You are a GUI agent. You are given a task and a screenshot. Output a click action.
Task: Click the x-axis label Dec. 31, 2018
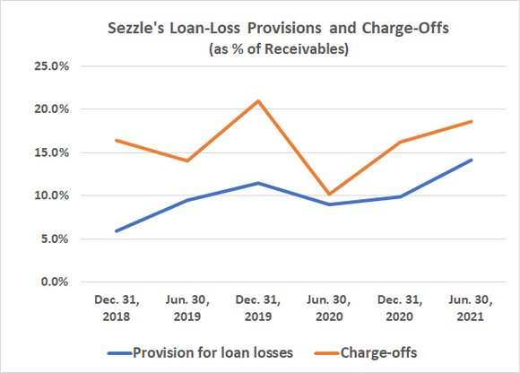tap(115, 308)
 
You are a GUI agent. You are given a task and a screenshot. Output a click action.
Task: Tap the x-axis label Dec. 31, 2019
tap(259, 308)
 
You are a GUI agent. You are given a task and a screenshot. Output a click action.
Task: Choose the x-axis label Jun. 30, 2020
tap(329, 308)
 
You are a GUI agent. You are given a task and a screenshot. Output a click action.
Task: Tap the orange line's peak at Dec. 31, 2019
tap(259, 100)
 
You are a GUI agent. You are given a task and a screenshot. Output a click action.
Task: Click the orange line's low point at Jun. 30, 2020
tap(329, 194)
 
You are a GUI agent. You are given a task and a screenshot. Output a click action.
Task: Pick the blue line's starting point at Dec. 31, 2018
tap(115, 230)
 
